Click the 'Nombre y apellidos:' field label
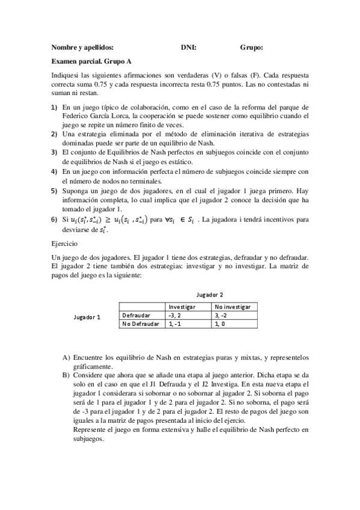coord(82,48)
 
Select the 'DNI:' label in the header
coord(188,48)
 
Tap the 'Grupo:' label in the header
coord(251,48)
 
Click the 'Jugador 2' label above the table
coord(210,295)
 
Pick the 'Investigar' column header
coord(183,306)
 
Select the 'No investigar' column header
coord(233,306)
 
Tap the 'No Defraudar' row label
coord(140,324)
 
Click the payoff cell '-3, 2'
coord(175,315)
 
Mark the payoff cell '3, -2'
coord(222,315)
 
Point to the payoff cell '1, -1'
coord(174,324)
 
